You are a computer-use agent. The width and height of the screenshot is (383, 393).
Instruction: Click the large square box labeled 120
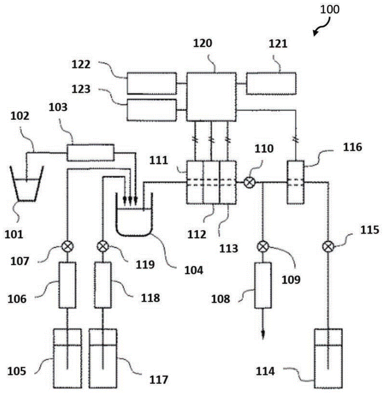pos(211,96)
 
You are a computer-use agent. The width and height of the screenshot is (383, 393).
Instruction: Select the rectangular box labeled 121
pos(271,83)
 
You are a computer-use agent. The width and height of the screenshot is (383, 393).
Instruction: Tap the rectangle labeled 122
pos(151,83)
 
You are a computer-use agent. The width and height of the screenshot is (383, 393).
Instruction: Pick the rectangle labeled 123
pos(151,110)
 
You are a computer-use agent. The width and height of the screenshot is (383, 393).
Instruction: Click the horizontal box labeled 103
pos(90,152)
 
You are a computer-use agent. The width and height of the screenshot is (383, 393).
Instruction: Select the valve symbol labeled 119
pos(103,247)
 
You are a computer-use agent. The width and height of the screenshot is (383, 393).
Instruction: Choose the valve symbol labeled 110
pos(249,182)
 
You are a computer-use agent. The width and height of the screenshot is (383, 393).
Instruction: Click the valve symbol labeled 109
pos(262,247)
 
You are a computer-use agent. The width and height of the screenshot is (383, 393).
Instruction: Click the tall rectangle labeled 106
pos(68,285)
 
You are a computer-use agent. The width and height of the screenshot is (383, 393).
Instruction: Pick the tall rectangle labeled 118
pos(103,285)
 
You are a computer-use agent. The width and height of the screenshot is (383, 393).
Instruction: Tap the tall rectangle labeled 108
pos(262,285)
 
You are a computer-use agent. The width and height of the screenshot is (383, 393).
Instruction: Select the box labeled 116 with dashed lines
pos(296,182)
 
